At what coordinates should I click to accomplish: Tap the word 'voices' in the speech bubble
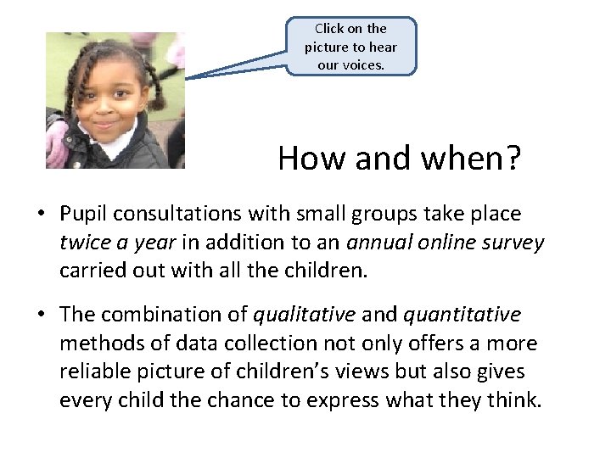point(364,65)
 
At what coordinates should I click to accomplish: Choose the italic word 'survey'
point(512,243)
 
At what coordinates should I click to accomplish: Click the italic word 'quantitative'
point(462,314)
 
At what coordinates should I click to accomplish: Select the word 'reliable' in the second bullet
point(92,371)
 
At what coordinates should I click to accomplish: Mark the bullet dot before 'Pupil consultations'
point(42,215)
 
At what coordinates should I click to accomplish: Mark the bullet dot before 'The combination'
point(42,315)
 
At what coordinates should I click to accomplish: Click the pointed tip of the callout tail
point(186,79)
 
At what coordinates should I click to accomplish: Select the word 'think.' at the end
point(513,400)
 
